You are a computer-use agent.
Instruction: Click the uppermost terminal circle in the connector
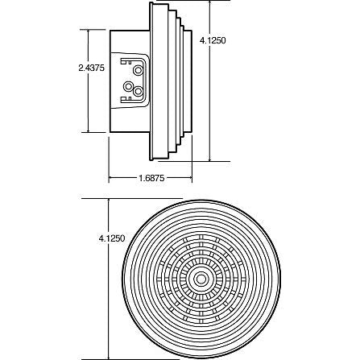tap(136, 72)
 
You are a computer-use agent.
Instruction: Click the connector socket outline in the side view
tap(134, 81)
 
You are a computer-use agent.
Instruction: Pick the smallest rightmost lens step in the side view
tap(189, 81)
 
